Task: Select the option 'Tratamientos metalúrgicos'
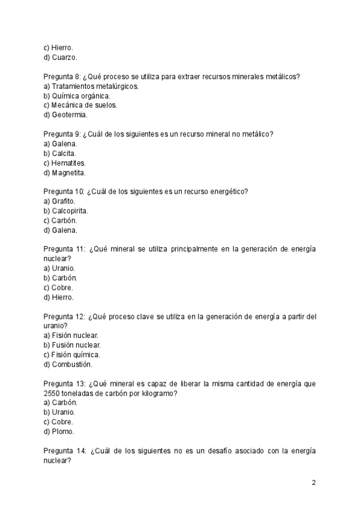[x=91, y=86]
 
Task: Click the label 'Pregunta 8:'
[x=63, y=76]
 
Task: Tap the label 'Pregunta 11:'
[x=64, y=249]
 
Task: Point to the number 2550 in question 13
[x=52, y=393]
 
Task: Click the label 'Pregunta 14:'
[x=64, y=451]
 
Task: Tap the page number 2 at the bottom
[x=314, y=483]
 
